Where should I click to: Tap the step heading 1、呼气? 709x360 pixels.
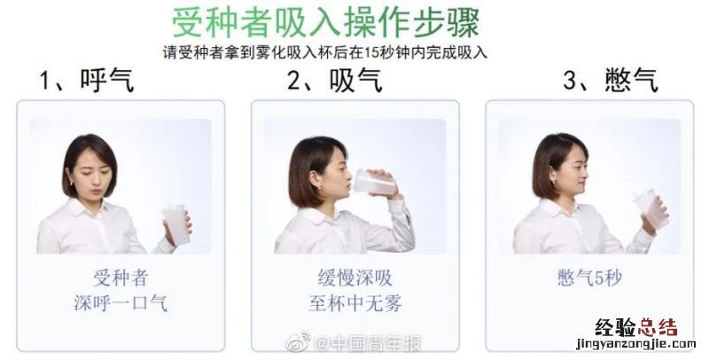87,81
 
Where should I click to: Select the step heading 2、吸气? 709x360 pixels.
335,81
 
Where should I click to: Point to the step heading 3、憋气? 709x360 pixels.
611,81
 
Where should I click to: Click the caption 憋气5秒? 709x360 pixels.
590,278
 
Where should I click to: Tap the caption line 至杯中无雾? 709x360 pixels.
355,302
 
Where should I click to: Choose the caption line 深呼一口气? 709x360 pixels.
121,302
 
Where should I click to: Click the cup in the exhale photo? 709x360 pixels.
175,223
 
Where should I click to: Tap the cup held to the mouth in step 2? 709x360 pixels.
375,183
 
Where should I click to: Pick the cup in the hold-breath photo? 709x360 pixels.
651,208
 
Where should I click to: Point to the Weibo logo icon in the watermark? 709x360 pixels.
298,342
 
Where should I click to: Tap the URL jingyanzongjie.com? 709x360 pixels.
635,345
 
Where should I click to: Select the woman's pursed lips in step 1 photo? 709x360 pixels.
95,192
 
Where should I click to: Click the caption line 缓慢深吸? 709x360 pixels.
355,278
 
